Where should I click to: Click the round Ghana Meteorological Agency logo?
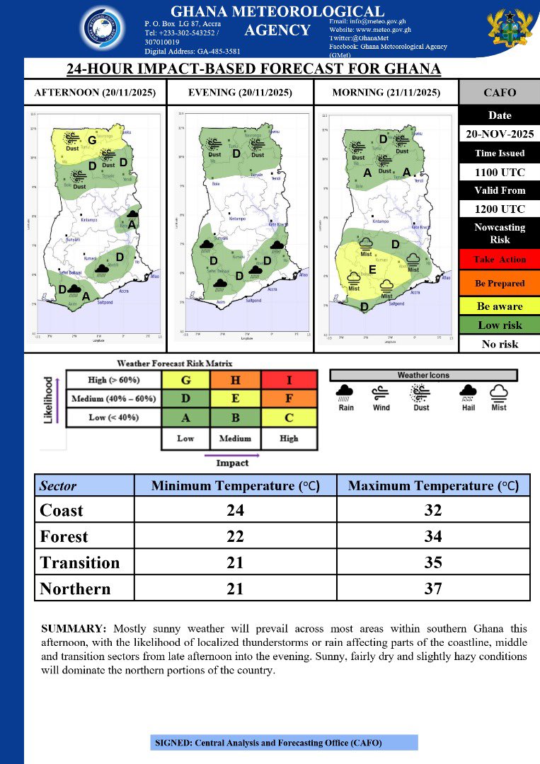click(105, 31)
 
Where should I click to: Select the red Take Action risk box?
click(499, 260)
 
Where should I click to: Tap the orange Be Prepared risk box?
click(499, 283)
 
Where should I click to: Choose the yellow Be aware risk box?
click(499, 306)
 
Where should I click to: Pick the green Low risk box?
click(499, 325)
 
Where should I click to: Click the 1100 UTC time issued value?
click(499, 171)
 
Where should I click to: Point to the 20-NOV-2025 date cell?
click(499, 134)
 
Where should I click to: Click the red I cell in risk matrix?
click(289, 380)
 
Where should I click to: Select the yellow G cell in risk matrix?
click(185, 380)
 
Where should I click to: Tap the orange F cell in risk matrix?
click(289, 399)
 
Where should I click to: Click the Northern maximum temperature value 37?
click(432, 589)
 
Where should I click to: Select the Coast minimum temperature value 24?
click(234, 510)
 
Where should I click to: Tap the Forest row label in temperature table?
click(64, 537)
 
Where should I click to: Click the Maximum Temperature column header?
click(432, 486)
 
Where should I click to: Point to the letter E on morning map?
click(372, 270)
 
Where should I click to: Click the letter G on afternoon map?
click(92, 140)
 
